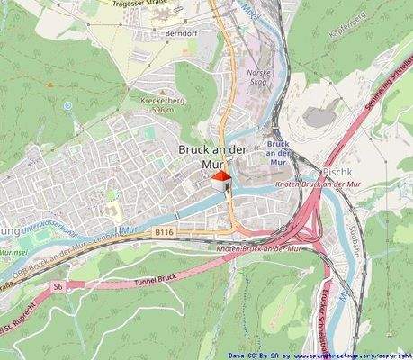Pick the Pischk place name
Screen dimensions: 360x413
point(336,169)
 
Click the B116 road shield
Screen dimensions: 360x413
point(162,232)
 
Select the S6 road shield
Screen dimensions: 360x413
point(58,285)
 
